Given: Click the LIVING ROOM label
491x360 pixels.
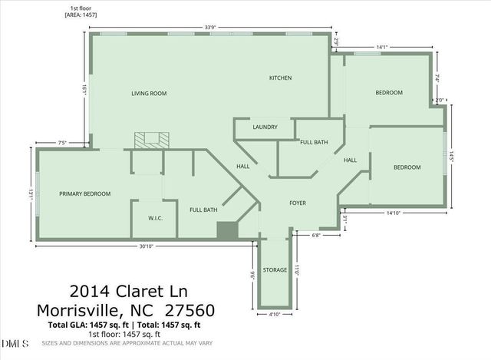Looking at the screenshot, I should [148, 94].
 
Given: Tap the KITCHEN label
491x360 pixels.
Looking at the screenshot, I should [280, 78].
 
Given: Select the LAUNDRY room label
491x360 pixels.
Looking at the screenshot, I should [265, 127].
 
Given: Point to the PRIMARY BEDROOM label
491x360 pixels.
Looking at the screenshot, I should [85, 194].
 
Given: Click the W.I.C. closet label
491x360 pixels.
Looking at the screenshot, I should [156, 218].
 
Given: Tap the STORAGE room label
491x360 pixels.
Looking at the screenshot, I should [275, 270].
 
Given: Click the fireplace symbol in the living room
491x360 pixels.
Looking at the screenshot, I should [150, 140].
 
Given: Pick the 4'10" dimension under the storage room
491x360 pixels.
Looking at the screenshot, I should [275, 314].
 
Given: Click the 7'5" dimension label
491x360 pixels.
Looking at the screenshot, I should [63, 142].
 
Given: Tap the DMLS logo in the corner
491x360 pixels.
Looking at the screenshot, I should [15, 342].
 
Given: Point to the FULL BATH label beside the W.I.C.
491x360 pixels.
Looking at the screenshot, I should [203, 210].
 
